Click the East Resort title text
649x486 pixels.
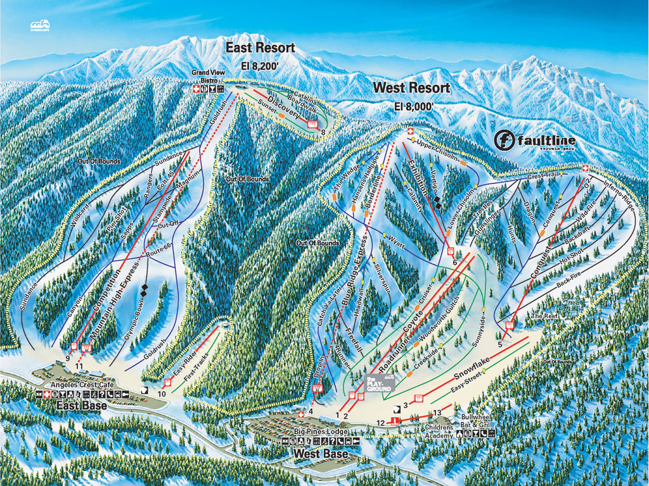261,48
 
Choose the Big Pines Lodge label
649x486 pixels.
320,432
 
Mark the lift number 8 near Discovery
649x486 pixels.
323,132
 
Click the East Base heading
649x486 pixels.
80,406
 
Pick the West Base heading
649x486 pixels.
320,454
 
